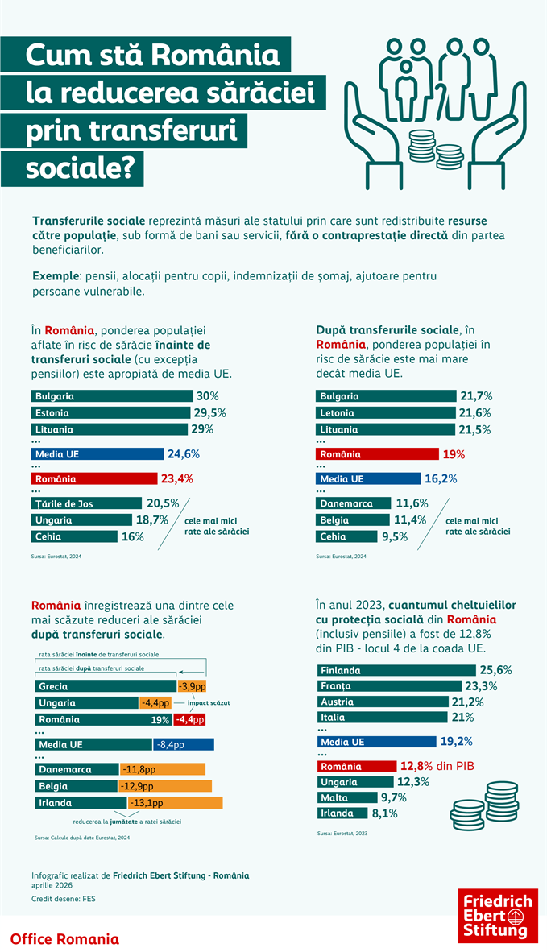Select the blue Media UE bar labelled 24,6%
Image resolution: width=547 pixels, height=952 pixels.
[x=97, y=453]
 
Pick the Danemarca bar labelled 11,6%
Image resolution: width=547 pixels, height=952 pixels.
[x=353, y=503]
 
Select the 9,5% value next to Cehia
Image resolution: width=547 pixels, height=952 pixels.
[x=392, y=536]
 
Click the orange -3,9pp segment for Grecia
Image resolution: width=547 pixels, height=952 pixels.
[x=192, y=686]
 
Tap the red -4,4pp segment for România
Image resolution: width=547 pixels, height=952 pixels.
[x=190, y=719]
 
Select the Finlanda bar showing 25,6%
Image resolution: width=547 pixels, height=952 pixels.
[x=395, y=669]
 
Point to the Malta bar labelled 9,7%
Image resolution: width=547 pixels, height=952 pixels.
[x=346, y=797]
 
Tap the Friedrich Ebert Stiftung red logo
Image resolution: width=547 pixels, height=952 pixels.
[x=496, y=914]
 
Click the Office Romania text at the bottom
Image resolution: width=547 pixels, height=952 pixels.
[x=64, y=938]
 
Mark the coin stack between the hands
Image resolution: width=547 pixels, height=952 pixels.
[x=421, y=147]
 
